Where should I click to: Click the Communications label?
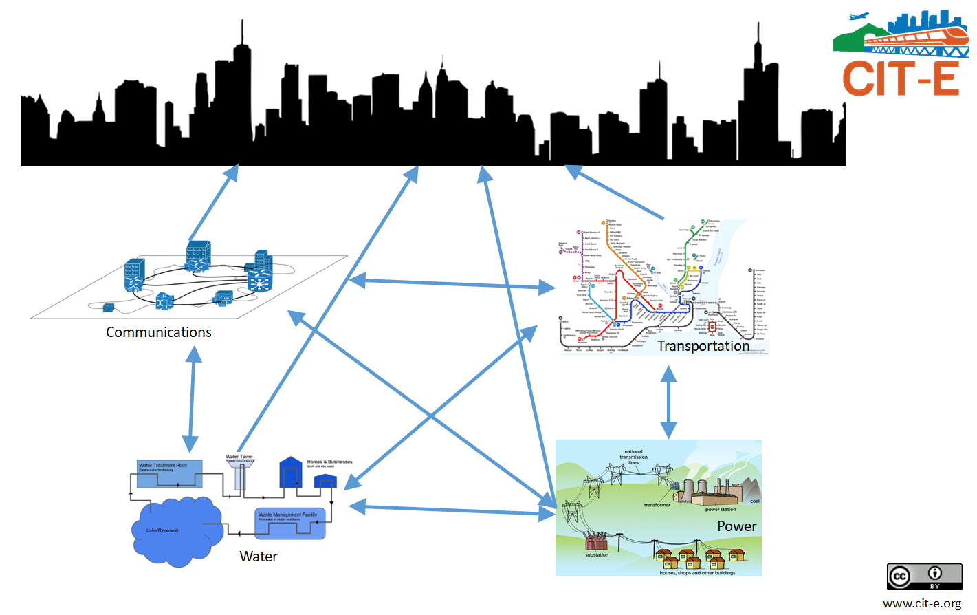tap(158, 332)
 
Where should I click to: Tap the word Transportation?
tap(703, 346)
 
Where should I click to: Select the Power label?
tap(736, 526)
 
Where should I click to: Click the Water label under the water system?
tap(259, 557)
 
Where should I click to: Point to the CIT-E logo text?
tap(900, 78)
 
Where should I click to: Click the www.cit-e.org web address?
tap(921, 603)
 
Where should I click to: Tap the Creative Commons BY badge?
tap(924, 576)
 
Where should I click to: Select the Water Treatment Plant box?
tap(169, 474)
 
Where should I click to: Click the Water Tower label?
tap(239, 457)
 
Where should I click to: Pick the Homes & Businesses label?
tap(329, 462)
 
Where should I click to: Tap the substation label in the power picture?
tap(596, 554)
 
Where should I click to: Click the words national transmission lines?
tap(633, 457)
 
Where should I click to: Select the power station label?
tap(720, 510)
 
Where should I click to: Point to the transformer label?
tap(657, 505)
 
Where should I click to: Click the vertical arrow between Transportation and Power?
tap(668, 402)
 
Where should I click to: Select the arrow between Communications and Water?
tap(192, 399)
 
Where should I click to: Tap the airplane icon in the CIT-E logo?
tap(859, 17)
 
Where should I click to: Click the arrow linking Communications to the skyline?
tap(213, 202)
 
